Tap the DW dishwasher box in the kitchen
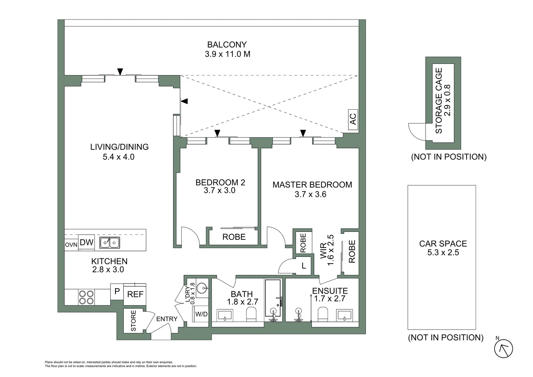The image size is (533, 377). coord(86,243)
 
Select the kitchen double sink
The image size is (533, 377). coord(110,243)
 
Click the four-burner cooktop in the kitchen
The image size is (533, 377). coord(86,297)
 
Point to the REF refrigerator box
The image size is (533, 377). coord(135,294)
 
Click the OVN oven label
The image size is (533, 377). coord(71,245)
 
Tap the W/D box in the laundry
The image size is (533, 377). coord(201,314)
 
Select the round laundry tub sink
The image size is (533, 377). coord(202,288)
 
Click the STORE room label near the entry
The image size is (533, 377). coord(133,321)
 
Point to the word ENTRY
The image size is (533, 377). coord(167,319)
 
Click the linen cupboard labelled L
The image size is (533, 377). coord(303,266)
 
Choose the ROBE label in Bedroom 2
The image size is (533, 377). coord(234,237)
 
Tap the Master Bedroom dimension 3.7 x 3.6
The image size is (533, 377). coord(310,194)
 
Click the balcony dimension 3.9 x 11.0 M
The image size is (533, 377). coord(227,54)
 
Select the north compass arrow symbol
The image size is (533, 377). coord(503,348)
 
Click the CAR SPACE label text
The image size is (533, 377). coord(443,244)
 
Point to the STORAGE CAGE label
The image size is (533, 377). coord(439,101)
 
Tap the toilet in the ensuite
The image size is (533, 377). coord(323,314)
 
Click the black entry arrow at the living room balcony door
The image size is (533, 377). coord(120,72)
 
